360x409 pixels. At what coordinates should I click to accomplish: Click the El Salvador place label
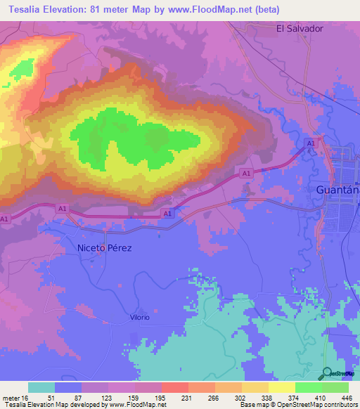pyautogui.click(x=300, y=29)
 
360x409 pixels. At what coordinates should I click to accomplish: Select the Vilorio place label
pyautogui.click(x=139, y=318)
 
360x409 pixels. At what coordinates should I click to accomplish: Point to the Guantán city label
pyautogui.click(x=334, y=190)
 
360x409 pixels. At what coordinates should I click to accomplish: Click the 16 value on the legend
pyautogui.click(x=25, y=397)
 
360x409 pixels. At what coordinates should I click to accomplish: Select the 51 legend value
pyautogui.click(x=51, y=397)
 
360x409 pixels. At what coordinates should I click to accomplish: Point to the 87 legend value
pyautogui.click(x=78, y=397)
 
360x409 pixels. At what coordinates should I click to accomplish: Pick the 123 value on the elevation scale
pyautogui.click(x=105, y=397)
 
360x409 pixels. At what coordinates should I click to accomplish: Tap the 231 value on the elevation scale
pyautogui.click(x=186, y=397)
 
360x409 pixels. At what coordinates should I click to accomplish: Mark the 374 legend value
pyautogui.click(x=292, y=397)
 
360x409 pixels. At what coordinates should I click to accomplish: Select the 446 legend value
pyautogui.click(x=346, y=397)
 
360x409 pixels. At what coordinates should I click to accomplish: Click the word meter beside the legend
pyautogui.click(x=10, y=397)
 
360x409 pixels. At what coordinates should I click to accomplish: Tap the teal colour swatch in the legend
pyautogui.click(x=41, y=387)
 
